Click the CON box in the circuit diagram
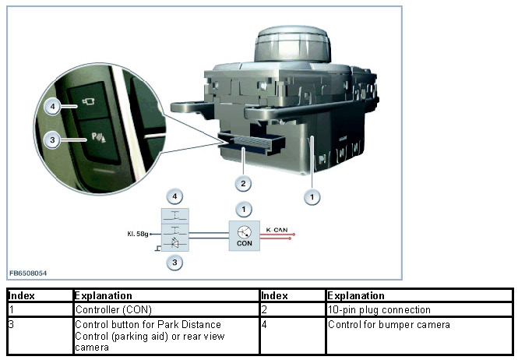coord(245,235)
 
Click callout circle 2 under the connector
coord(244,184)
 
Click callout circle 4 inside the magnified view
coord(50,105)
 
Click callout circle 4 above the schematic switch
coord(175,196)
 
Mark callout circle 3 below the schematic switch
coord(175,263)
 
